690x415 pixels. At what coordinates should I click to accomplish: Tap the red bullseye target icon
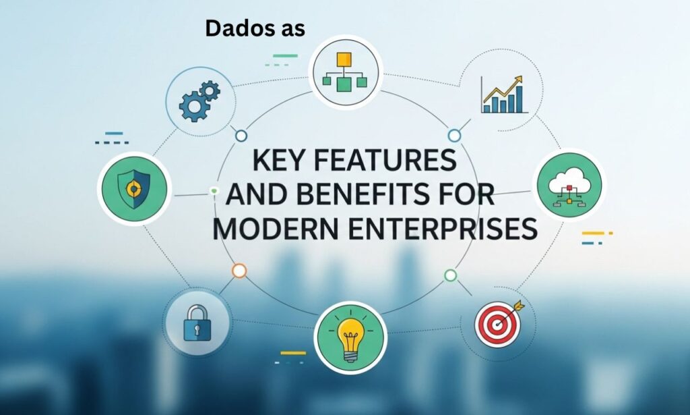click(497, 323)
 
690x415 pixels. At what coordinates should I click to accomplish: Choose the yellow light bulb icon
click(350, 337)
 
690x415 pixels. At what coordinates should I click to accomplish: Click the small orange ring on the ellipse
click(239, 271)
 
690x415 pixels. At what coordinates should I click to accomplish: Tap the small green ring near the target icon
click(451, 275)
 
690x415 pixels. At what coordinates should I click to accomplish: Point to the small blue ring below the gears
click(241, 136)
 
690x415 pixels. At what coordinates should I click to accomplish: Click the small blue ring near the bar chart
click(455, 136)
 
